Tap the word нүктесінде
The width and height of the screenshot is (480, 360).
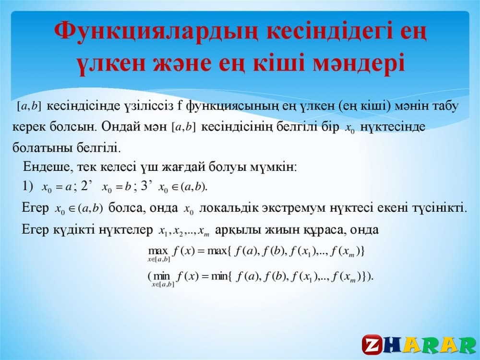[393, 127]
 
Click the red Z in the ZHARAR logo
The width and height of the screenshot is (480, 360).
[372, 345]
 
